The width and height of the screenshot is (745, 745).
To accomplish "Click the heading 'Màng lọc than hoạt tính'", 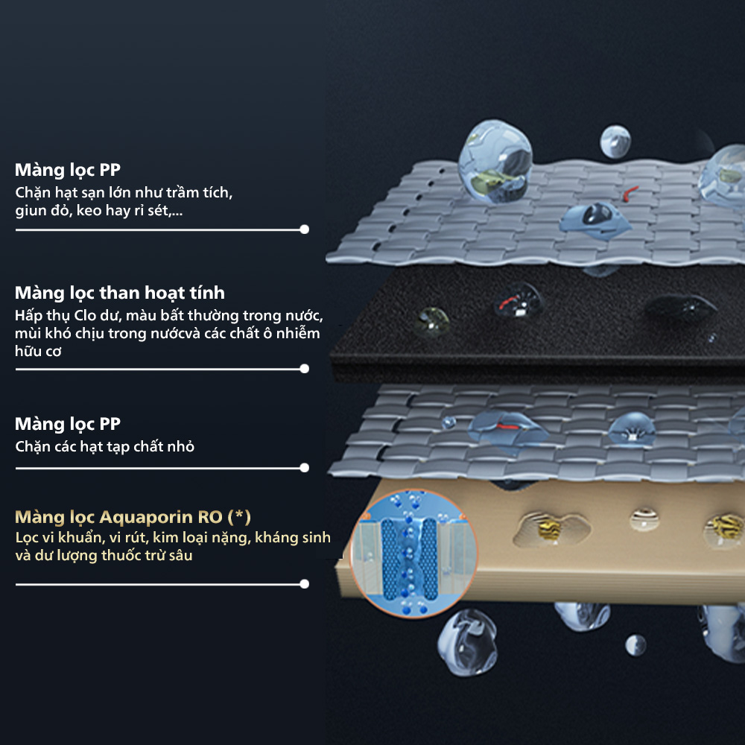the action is tap(120, 293).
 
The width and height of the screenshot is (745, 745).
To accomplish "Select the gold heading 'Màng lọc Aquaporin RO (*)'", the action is tap(133, 517).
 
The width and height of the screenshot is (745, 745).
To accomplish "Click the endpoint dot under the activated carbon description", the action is tap(305, 369).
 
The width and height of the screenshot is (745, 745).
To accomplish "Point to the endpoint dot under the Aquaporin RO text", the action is tap(305, 584).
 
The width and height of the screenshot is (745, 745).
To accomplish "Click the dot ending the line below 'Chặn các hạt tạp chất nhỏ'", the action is tap(305, 468).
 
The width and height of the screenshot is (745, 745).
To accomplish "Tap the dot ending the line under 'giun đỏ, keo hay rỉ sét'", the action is tap(305, 229).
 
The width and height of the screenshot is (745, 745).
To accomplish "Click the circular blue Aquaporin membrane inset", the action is tap(413, 554).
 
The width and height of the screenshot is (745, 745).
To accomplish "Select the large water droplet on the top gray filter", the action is tap(495, 162).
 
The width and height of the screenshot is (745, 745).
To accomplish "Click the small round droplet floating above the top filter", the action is tap(615, 141).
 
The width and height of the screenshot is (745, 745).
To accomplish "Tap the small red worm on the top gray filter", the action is tap(630, 192).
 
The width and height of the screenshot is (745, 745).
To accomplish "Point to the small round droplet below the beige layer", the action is tap(635, 645).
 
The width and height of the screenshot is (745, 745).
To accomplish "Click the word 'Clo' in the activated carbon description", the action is tap(85, 315).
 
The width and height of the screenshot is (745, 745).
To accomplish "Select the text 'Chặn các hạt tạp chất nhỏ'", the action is tap(104, 447).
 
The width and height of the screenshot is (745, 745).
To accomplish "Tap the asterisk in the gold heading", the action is tap(239, 515).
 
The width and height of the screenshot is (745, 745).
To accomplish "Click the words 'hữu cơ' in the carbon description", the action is tap(38, 351).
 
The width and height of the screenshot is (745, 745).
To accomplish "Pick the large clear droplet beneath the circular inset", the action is tap(468, 642).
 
